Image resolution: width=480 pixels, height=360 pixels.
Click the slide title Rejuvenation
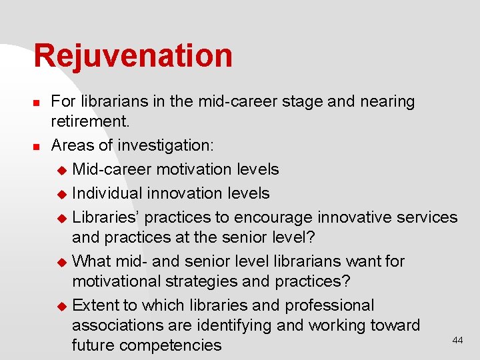(133, 56)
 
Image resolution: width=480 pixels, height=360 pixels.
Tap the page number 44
(457, 340)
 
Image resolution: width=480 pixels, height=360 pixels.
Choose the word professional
(329, 305)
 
